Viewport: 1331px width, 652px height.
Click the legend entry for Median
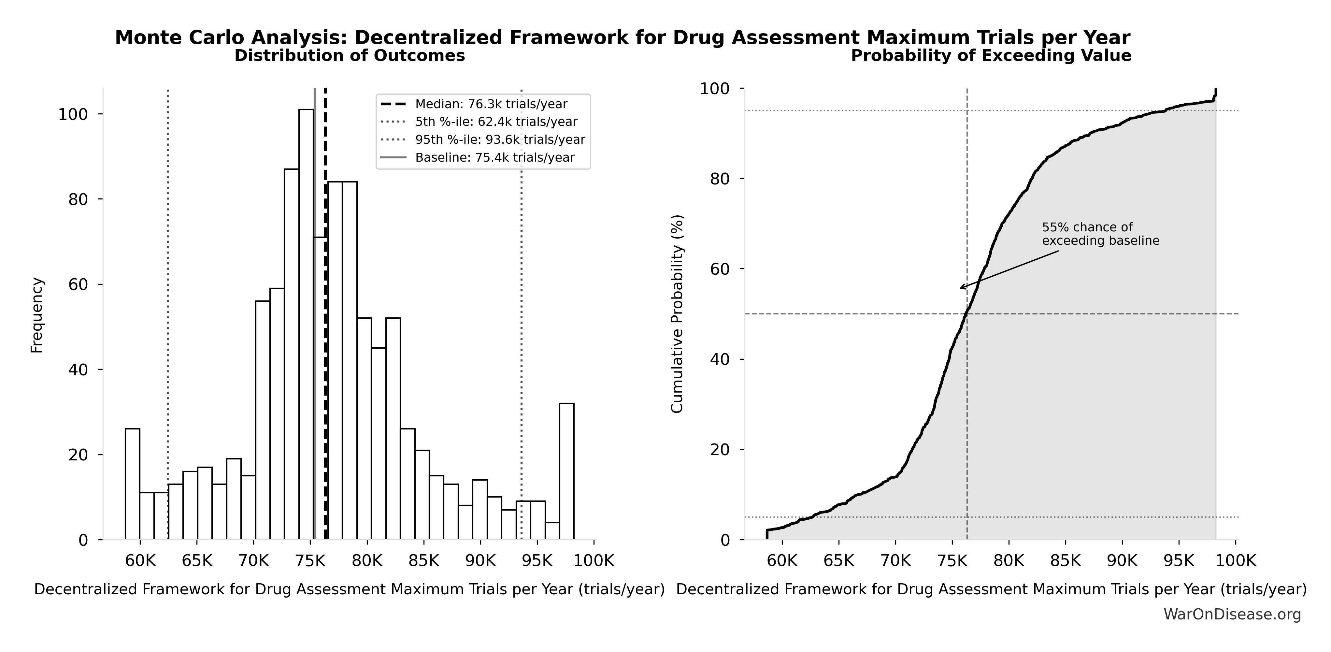491,104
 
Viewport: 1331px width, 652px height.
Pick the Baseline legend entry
494,158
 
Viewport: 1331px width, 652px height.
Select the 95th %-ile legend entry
500,139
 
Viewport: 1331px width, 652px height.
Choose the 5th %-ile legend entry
496,122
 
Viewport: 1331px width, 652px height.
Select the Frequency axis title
37,315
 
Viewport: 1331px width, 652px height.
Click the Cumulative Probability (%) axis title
677,314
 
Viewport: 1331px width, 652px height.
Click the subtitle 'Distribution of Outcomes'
350,56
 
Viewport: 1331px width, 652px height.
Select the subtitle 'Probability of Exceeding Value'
991,56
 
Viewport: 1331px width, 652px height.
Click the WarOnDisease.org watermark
1232,614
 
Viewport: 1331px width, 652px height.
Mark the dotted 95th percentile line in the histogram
521,310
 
